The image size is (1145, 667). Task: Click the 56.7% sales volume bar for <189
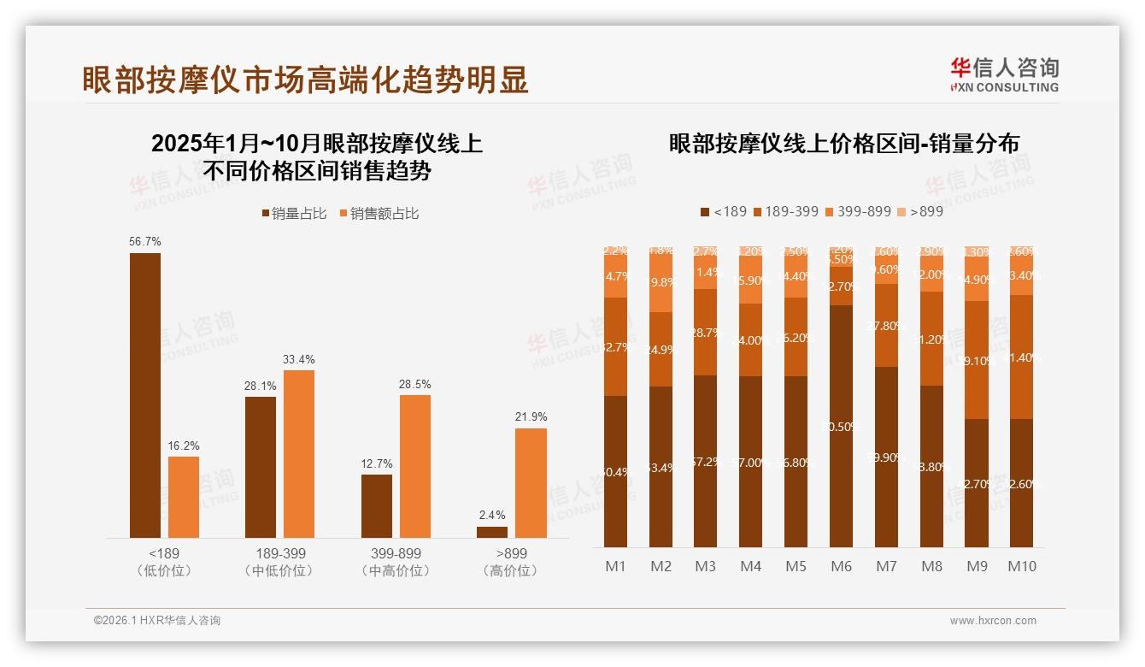pyautogui.click(x=145, y=395)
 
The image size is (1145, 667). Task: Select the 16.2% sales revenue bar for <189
pyautogui.click(x=184, y=497)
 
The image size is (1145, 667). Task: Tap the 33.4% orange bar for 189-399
pyautogui.click(x=299, y=453)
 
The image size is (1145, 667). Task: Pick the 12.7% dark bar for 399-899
pyautogui.click(x=377, y=505)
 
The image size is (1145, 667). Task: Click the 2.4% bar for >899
pyautogui.click(x=492, y=532)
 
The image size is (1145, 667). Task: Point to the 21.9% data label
pyautogui.click(x=531, y=416)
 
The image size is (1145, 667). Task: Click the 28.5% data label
pyautogui.click(x=415, y=384)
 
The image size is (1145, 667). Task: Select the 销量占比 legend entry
pyautogui.click(x=294, y=214)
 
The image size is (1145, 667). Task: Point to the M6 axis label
pyautogui.click(x=841, y=566)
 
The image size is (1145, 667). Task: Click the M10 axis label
pyautogui.click(x=1021, y=566)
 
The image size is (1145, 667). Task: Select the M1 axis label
pyautogui.click(x=615, y=566)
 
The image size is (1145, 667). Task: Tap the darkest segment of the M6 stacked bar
pyautogui.click(x=841, y=426)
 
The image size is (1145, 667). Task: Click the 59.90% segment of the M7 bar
pyautogui.click(x=886, y=457)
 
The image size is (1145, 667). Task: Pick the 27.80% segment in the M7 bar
pyautogui.click(x=886, y=326)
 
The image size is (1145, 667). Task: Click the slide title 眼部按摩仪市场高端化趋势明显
pyautogui.click(x=305, y=79)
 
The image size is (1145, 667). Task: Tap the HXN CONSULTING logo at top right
pyautogui.click(x=1004, y=75)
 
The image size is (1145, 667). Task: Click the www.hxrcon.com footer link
pyautogui.click(x=993, y=621)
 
